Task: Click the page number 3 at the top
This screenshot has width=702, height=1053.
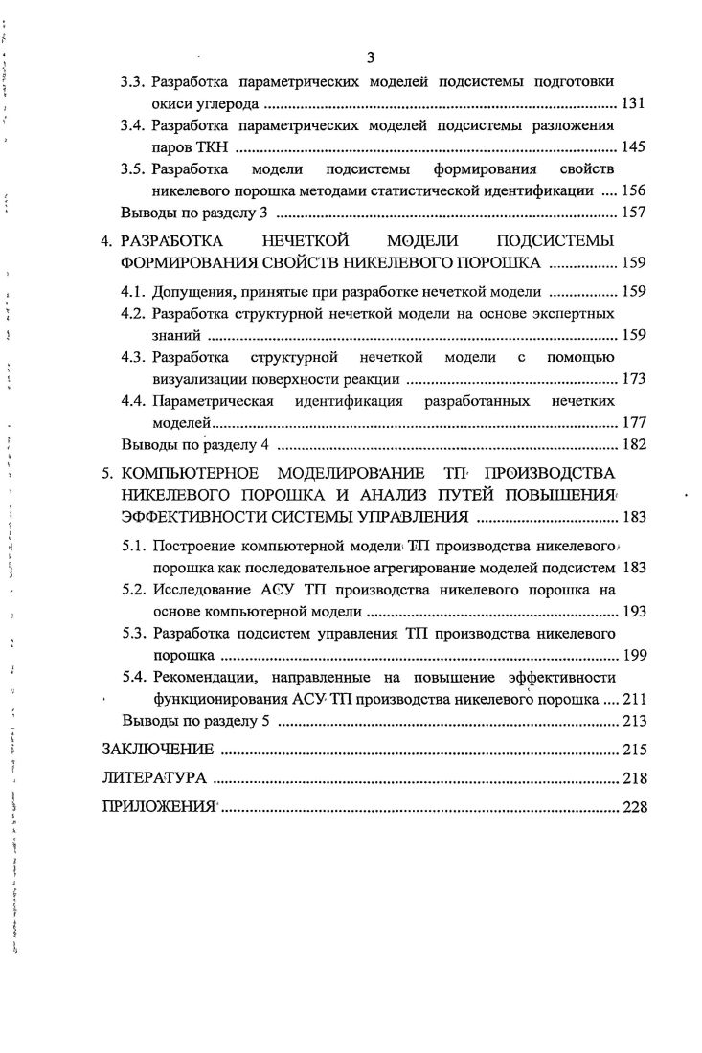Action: coord(370,56)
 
